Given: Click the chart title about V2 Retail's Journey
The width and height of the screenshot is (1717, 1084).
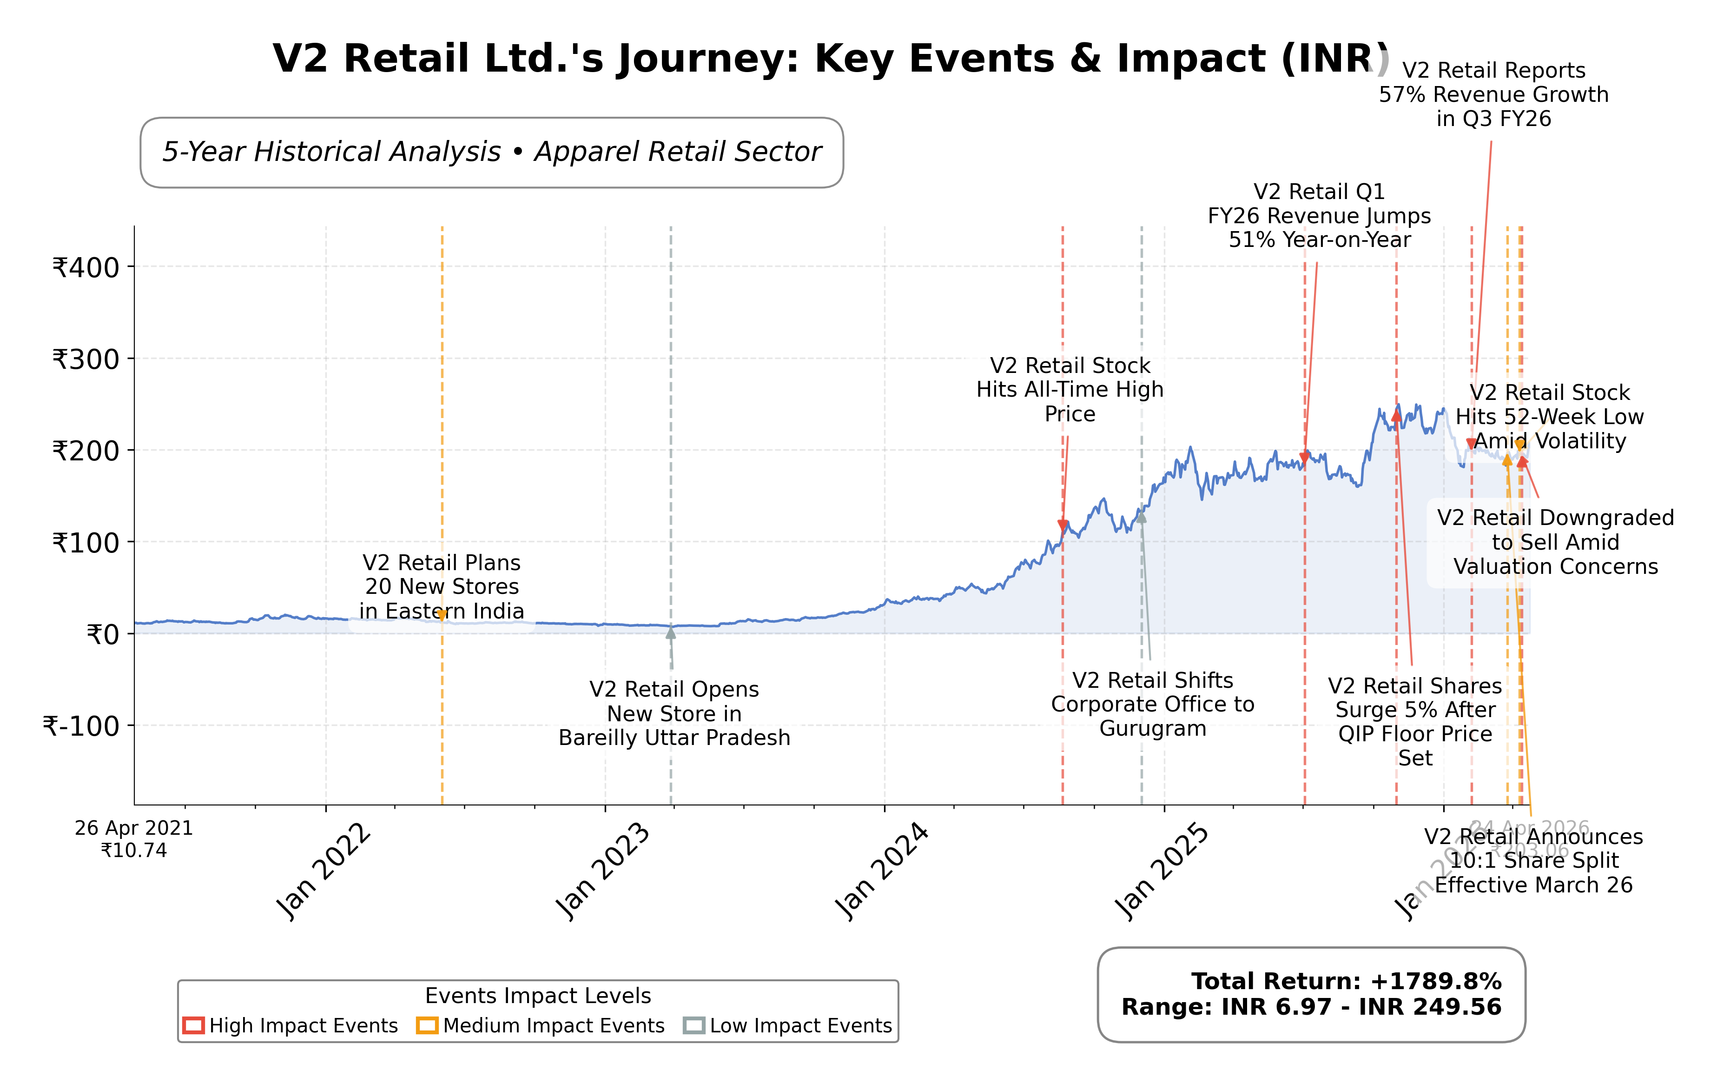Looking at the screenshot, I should pos(831,59).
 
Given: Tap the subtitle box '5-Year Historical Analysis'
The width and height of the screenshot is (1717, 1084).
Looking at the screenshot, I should pos(491,153).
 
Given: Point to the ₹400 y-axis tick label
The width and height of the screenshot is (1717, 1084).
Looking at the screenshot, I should pos(86,268).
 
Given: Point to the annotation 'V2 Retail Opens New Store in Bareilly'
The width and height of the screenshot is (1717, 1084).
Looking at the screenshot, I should pos(674,713).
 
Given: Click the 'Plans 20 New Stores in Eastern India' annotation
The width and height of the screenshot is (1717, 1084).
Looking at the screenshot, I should pos(442,586).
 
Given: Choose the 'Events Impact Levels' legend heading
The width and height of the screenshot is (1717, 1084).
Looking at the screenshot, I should pos(538,996).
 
